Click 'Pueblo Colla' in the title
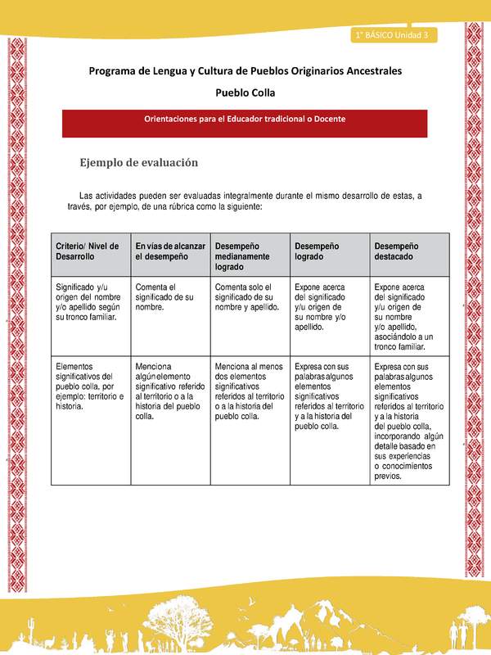[x=245, y=93]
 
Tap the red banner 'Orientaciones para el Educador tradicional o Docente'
[x=245, y=119]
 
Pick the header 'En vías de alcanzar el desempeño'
[x=169, y=251]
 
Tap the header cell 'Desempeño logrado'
[x=328, y=251]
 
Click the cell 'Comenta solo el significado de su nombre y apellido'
[x=249, y=297]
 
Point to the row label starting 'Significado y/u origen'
[x=90, y=302]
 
